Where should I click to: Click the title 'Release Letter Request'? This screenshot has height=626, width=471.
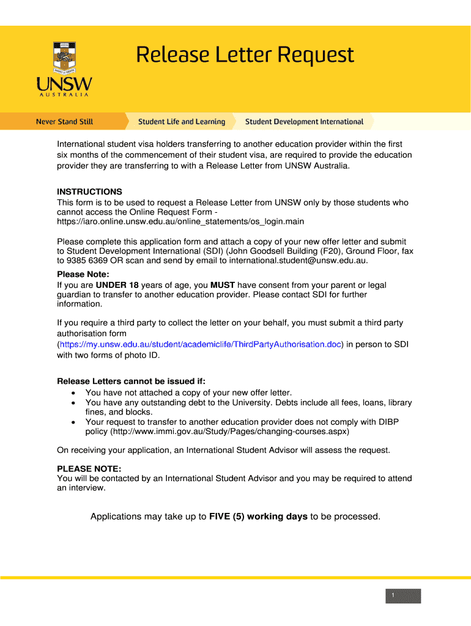point(245,56)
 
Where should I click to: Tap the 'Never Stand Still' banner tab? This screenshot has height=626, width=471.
point(64,122)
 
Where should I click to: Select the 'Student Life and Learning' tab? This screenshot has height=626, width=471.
point(182,122)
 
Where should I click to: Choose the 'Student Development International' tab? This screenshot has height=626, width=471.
point(304,122)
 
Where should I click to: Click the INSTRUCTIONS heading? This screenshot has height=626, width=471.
point(89,191)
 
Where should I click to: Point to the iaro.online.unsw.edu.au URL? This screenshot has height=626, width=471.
point(180,221)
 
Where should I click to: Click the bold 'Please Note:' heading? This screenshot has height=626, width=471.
point(83,274)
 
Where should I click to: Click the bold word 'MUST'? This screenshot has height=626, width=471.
point(223,285)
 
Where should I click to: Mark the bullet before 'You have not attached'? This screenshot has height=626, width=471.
point(74,393)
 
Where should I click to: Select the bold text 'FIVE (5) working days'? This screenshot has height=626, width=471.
point(258,517)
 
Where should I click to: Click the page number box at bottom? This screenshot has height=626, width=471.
point(403,596)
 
